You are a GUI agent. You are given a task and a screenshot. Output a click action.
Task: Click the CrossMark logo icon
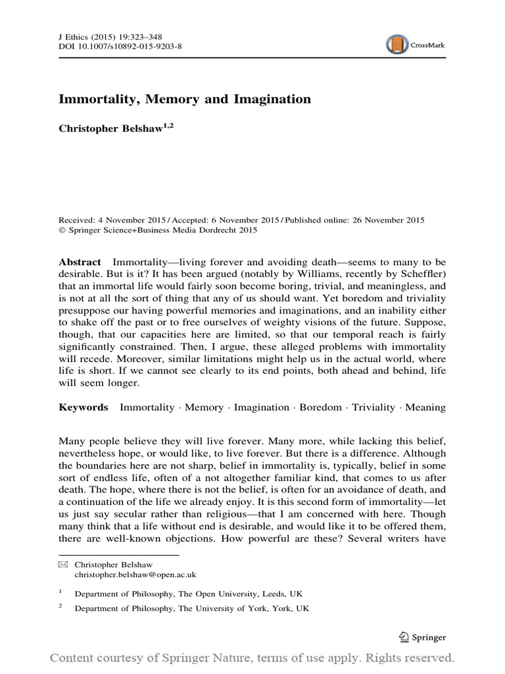(x=397, y=45)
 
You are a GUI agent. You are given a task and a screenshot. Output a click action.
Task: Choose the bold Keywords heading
(x=84, y=407)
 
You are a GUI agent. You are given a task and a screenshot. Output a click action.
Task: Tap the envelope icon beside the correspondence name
(x=63, y=565)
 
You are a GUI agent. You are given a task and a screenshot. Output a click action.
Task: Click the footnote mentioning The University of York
(x=191, y=609)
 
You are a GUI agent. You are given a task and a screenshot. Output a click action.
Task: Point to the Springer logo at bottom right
(x=423, y=637)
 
